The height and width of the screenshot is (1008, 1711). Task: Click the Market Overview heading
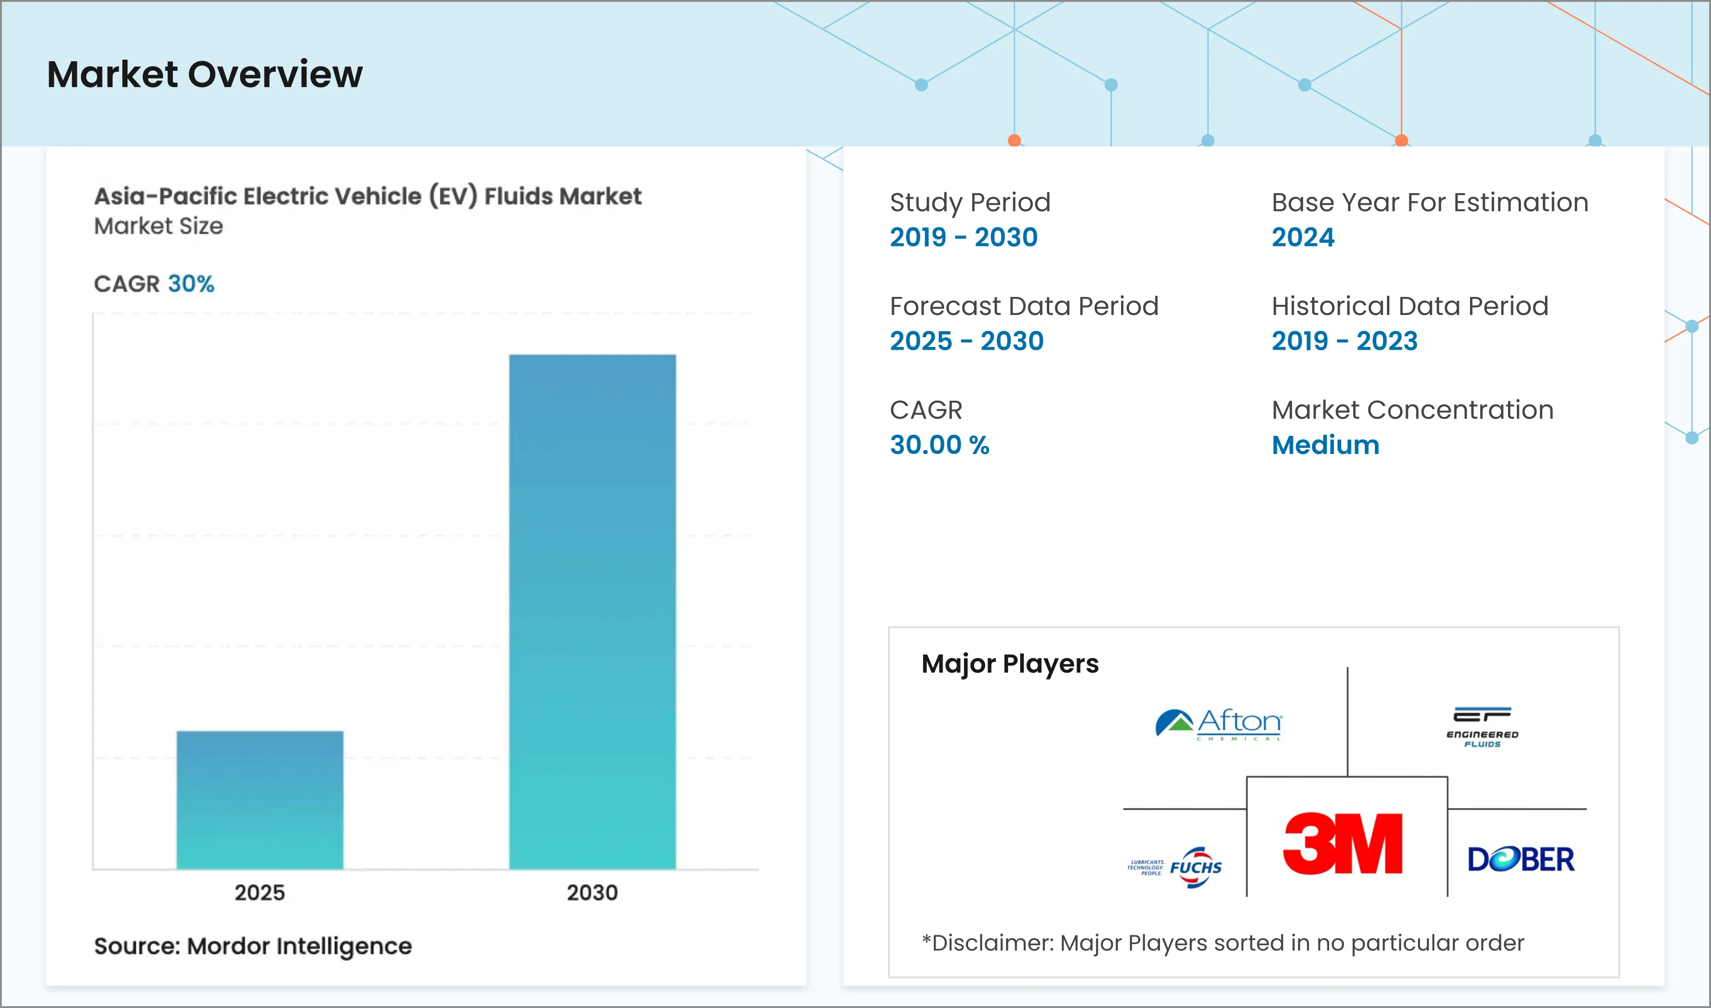(x=204, y=74)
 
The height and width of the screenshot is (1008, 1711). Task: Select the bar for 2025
(x=260, y=800)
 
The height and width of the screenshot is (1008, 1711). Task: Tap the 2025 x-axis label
(x=260, y=893)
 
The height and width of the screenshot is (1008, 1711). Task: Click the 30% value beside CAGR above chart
(x=191, y=283)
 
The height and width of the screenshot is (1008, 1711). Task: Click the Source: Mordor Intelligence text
(x=253, y=945)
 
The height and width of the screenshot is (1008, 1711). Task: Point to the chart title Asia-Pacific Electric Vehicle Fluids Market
(x=368, y=196)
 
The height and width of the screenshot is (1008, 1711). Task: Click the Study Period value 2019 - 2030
(x=963, y=237)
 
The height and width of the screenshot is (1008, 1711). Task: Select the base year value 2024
(x=1303, y=237)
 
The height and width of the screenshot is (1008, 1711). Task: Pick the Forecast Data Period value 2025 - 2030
(x=966, y=341)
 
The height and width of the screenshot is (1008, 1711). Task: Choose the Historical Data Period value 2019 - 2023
(x=1344, y=341)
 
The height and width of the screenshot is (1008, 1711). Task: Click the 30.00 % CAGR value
(x=939, y=445)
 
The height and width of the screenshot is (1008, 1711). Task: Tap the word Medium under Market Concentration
(x=1325, y=445)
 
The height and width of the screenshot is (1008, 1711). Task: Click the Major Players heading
(x=1010, y=664)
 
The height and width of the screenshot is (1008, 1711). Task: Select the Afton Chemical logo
(x=1219, y=724)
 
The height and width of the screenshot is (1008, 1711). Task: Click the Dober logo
(x=1521, y=859)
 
